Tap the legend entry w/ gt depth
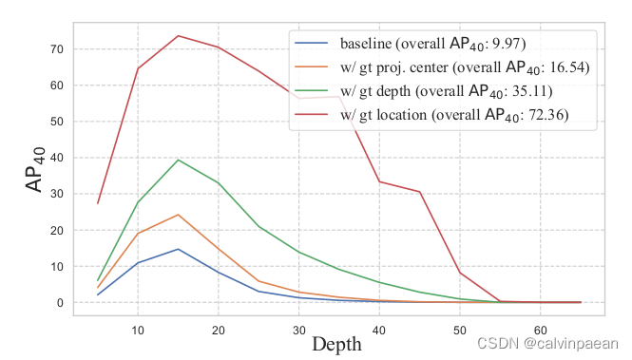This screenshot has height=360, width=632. pyautogui.click(x=432, y=91)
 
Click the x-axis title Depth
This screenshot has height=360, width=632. pyautogui.click(x=336, y=344)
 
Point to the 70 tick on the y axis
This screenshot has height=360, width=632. pyautogui.click(x=56, y=48)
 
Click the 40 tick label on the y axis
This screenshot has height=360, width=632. pyautogui.click(x=56, y=158)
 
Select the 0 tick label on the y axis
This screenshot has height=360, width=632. pyautogui.click(x=60, y=303)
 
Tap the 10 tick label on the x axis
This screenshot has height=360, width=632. pyautogui.click(x=138, y=329)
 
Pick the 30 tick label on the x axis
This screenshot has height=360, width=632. pyautogui.click(x=298, y=329)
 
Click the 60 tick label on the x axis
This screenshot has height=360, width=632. pyautogui.click(x=539, y=329)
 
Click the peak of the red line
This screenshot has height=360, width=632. pyautogui.click(x=178, y=36)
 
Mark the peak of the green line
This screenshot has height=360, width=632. pyautogui.click(x=178, y=160)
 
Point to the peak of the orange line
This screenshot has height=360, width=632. pyautogui.click(x=178, y=215)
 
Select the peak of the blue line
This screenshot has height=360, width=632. pyautogui.click(x=178, y=249)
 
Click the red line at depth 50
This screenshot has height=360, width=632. pyautogui.click(x=459, y=273)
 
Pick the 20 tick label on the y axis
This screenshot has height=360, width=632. pyautogui.click(x=56, y=230)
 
